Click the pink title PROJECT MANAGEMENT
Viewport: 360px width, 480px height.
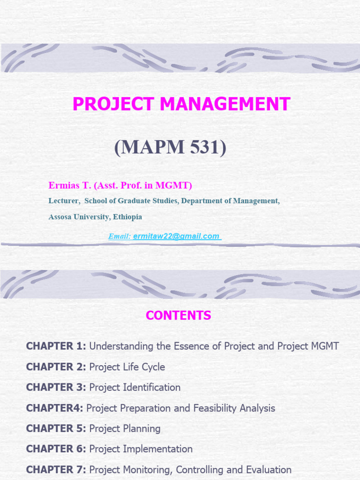click(181, 104)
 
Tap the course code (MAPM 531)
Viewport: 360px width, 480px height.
click(170, 147)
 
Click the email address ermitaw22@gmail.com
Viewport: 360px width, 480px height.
click(176, 236)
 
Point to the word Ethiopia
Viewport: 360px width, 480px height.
click(127, 217)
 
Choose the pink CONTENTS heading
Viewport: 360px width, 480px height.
click(179, 315)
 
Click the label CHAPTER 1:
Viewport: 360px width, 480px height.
click(56, 346)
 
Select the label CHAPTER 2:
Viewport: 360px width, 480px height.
click(56, 367)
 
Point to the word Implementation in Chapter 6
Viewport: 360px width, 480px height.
click(157, 449)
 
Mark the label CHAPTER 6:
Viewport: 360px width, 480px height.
click(56, 449)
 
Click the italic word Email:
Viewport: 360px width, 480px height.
click(120, 236)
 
